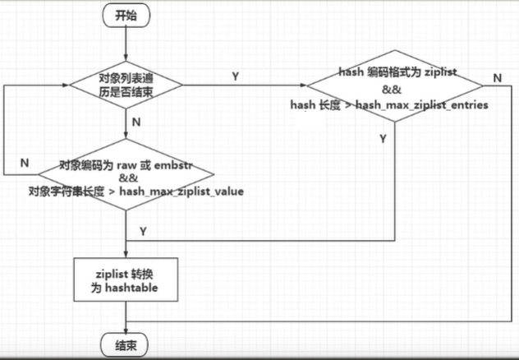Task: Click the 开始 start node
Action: (x=126, y=14)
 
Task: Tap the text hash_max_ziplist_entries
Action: (x=424, y=105)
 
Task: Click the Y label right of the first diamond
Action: (x=236, y=76)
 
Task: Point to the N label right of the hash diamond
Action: (x=498, y=77)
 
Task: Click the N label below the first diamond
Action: (x=136, y=122)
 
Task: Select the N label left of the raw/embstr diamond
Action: (x=25, y=163)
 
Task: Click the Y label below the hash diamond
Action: (x=383, y=140)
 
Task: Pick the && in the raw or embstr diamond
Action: (x=127, y=178)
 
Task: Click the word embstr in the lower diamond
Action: (x=171, y=164)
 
